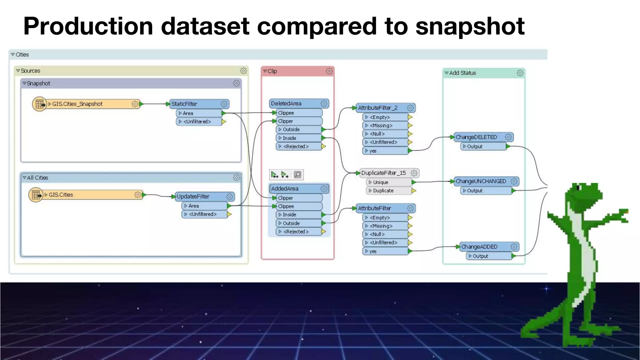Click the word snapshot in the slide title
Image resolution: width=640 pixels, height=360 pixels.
[470, 26]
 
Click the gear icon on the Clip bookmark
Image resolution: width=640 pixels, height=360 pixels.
[329, 71]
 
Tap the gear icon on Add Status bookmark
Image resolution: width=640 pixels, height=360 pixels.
[520, 73]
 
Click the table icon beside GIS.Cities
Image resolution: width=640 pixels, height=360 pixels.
[36, 195]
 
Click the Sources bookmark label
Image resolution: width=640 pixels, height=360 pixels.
[30, 71]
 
